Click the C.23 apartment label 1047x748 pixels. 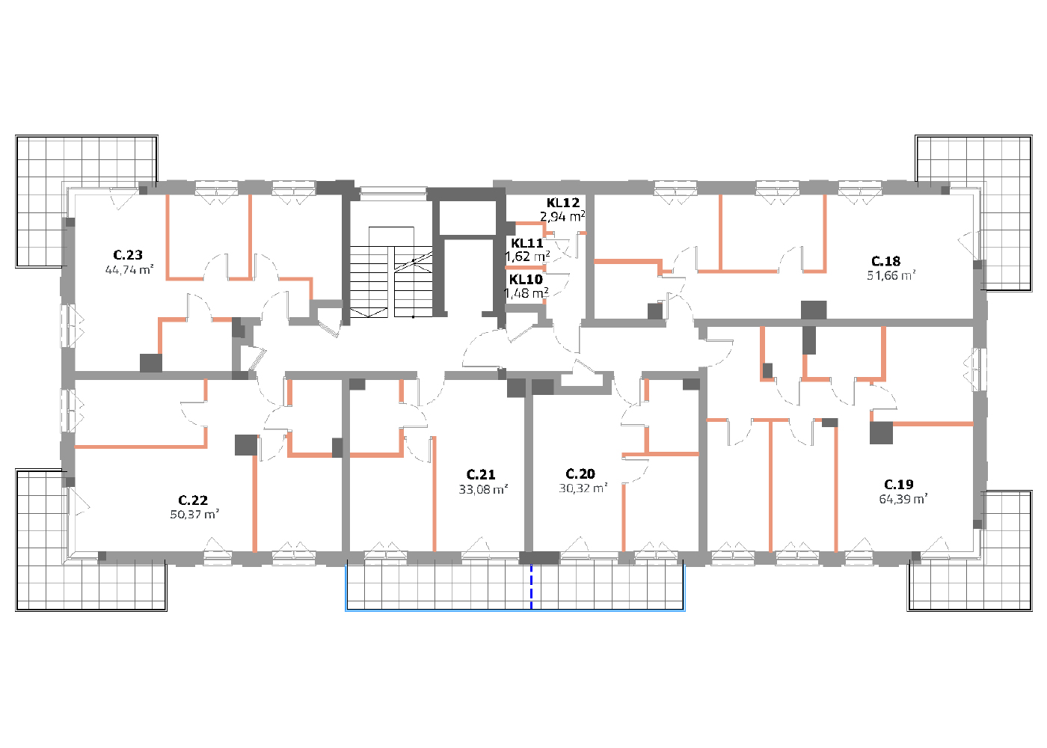coord(128,255)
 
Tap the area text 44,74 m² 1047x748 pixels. coord(129,270)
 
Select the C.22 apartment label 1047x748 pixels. coord(193,500)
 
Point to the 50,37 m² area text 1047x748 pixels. coord(194,515)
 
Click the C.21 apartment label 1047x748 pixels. coord(481,474)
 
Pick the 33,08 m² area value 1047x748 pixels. coord(483,489)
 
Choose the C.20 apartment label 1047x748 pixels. coord(580,474)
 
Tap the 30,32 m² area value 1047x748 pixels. coord(583,488)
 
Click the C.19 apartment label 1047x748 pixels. coord(899,485)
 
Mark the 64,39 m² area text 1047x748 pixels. coord(903,499)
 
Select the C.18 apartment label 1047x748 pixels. coord(885,261)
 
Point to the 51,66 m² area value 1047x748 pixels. coord(891,275)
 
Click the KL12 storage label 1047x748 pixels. coord(563,203)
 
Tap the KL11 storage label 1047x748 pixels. coord(527,243)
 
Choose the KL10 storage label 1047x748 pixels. coord(526,280)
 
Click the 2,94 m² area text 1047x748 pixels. coord(562,216)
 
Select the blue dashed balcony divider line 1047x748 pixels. coord(531,586)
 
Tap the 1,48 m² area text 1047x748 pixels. coord(526,293)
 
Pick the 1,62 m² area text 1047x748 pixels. coord(528,257)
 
